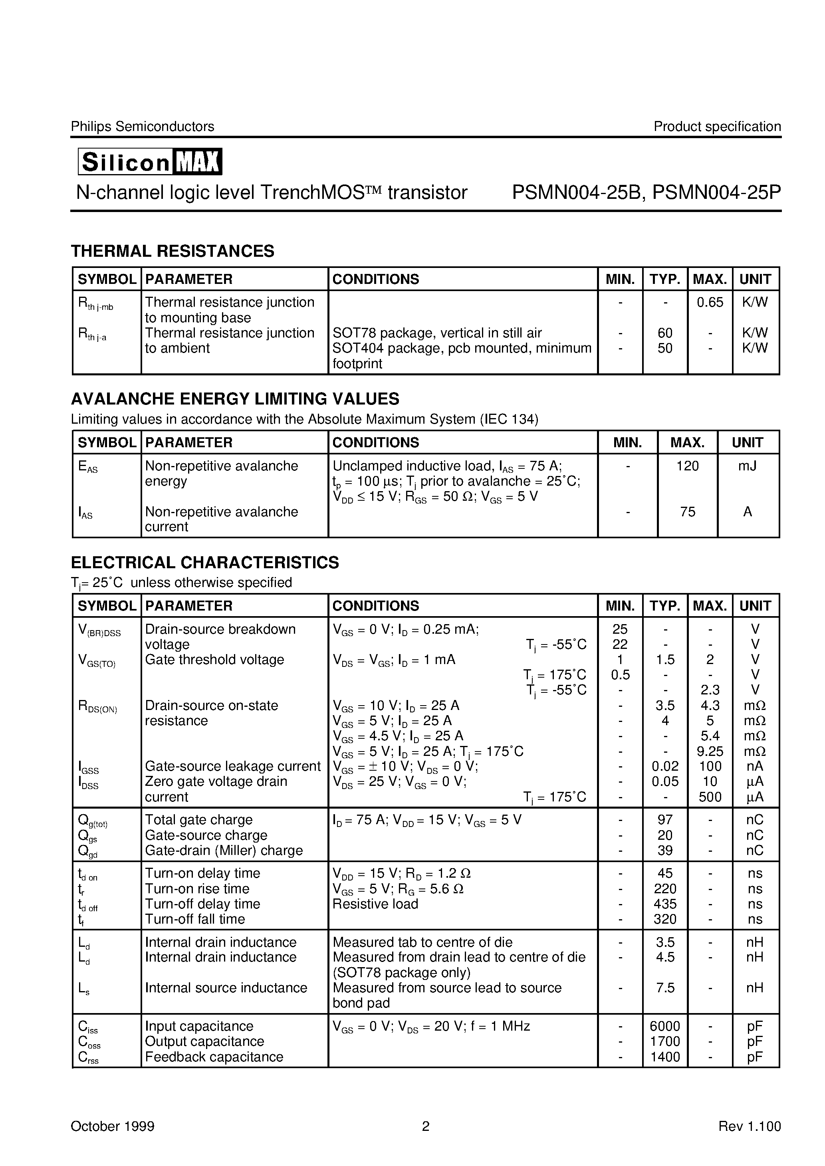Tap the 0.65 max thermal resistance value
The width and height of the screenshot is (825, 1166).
tap(710, 303)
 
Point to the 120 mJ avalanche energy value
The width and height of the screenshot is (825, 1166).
tap(687, 466)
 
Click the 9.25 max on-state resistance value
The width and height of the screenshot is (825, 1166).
tap(710, 751)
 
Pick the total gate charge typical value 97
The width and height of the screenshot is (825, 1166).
tap(664, 820)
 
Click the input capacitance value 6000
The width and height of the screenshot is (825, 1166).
tap(664, 1026)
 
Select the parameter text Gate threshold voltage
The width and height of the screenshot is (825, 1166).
tap(214, 660)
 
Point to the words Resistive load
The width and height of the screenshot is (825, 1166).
tap(375, 904)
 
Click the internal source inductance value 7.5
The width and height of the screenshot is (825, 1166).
tap(664, 988)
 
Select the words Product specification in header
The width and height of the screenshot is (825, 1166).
tap(717, 127)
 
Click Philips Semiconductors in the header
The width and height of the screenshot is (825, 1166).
tap(142, 127)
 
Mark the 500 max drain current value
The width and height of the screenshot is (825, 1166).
tap(710, 797)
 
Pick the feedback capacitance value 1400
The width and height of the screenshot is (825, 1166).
tap(664, 1057)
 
